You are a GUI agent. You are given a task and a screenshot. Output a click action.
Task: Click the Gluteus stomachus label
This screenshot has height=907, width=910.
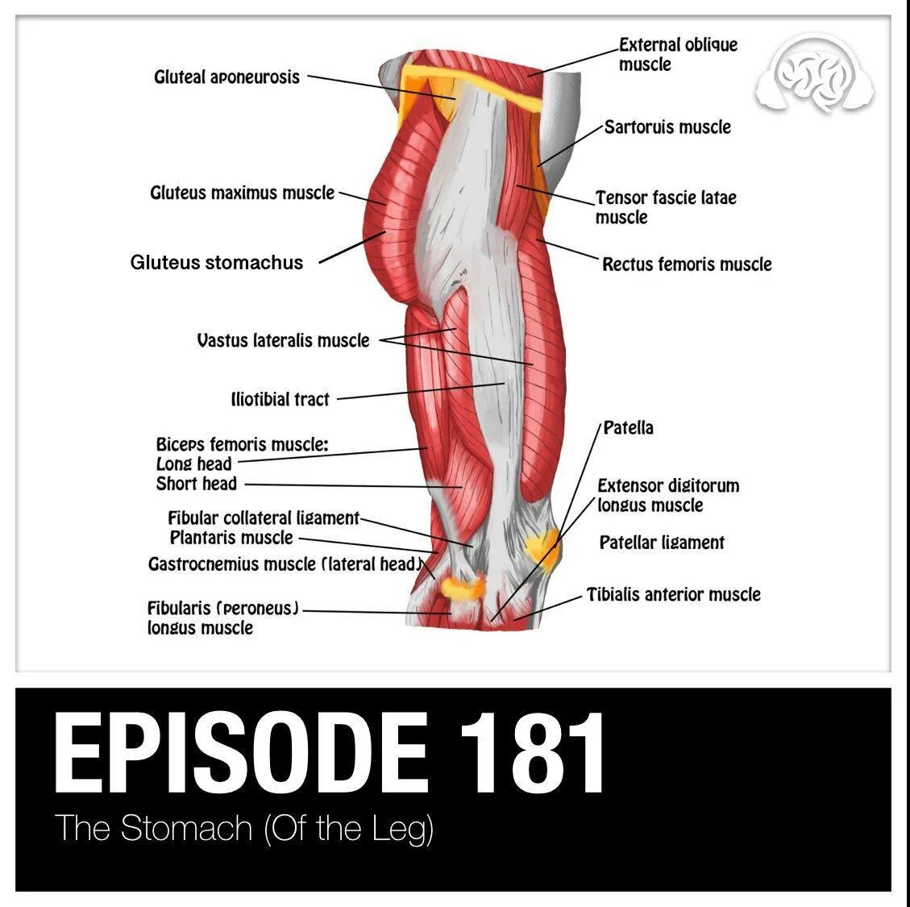(x=217, y=263)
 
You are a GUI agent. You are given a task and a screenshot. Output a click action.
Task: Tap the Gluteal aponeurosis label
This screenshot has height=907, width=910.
(x=226, y=77)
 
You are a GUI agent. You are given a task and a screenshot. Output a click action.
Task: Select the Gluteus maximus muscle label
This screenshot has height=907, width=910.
(x=242, y=193)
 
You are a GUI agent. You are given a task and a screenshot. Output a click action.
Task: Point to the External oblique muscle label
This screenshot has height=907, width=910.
(x=677, y=54)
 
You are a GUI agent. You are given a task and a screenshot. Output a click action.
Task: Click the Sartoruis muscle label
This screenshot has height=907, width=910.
(x=667, y=127)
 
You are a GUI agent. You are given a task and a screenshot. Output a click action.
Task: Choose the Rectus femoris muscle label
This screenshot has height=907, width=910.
(x=687, y=264)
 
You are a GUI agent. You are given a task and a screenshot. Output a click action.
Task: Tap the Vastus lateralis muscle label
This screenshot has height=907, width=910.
(x=283, y=340)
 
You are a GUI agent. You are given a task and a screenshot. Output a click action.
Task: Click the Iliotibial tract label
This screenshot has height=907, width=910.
(x=280, y=399)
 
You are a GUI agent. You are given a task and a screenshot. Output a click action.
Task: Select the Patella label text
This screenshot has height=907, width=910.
(x=628, y=428)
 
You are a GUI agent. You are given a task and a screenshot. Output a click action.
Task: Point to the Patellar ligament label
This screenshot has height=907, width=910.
(x=662, y=543)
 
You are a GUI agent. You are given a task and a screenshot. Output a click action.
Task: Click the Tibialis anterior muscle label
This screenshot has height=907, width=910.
(x=673, y=595)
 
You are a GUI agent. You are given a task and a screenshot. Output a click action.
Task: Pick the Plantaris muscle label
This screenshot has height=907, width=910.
(x=231, y=538)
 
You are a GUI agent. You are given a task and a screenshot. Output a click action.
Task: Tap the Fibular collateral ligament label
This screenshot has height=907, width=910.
(x=263, y=518)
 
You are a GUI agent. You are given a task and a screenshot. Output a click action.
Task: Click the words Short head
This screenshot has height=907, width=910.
(x=196, y=484)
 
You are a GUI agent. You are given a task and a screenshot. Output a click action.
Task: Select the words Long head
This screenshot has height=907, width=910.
(x=193, y=464)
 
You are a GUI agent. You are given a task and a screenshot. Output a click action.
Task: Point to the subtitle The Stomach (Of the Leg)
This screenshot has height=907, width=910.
(x=243, y=829)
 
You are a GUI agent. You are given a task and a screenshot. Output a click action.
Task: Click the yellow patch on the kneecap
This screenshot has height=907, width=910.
(x=539, y=547)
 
